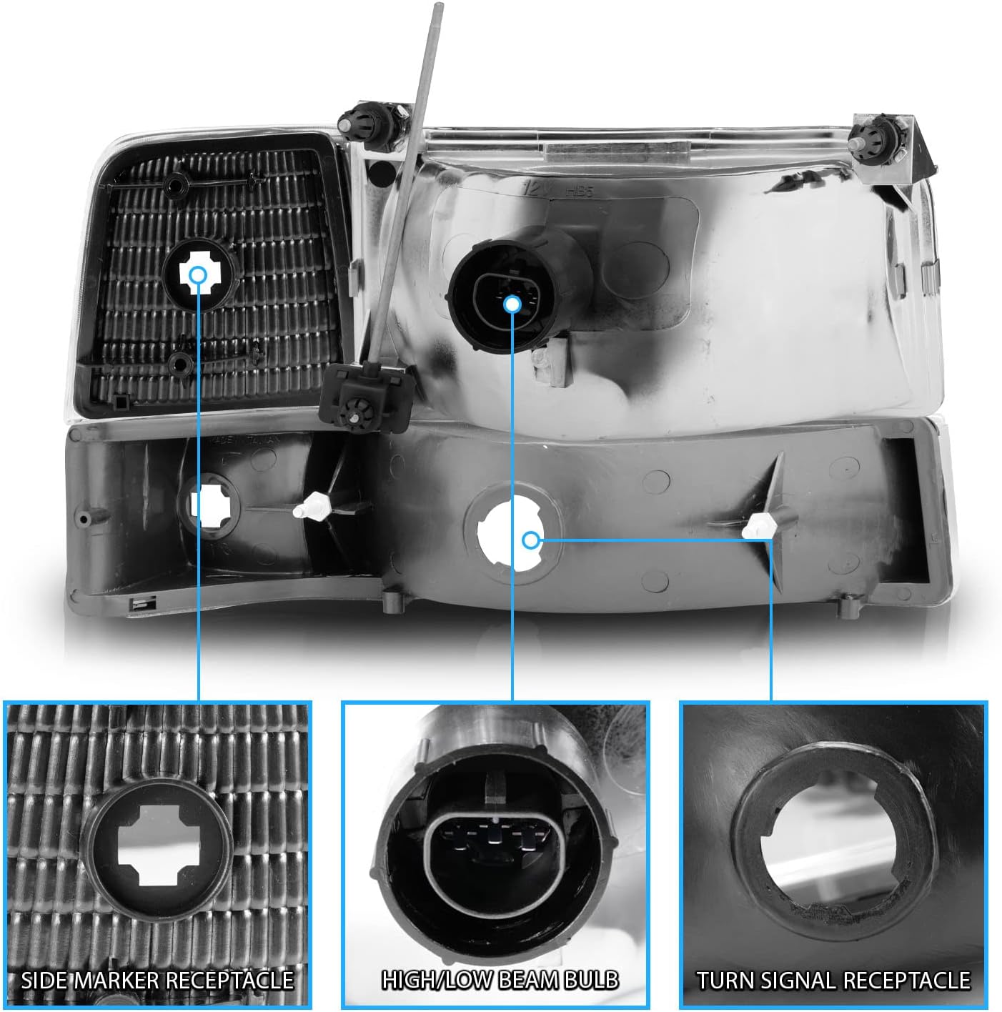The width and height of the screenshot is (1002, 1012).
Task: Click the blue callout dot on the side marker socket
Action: (198, 274)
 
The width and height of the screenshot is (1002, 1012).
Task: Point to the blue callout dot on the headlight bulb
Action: (512, 304)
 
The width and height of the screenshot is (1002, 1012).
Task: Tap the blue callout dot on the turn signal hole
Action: (531, 540)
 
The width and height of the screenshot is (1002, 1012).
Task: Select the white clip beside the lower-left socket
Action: (312, 507)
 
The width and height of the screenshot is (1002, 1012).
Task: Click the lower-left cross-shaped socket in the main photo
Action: (210, 505)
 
